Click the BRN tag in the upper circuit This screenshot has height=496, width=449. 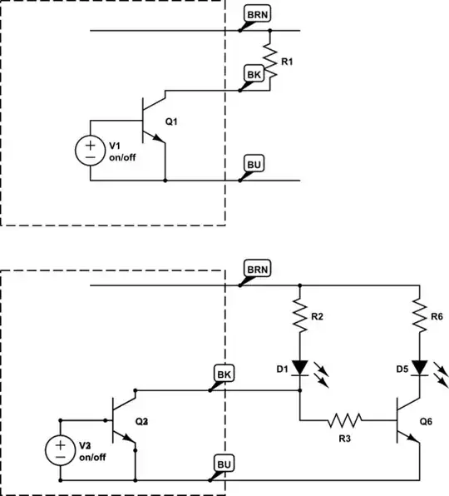(257, 15)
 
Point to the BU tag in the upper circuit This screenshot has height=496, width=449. (255, 164)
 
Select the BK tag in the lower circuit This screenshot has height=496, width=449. (224, 374)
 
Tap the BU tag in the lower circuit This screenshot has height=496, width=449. (224, 464)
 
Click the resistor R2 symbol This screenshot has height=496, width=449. (299, 316)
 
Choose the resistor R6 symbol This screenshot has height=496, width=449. (421, 316)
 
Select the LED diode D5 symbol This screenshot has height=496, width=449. (421, 366)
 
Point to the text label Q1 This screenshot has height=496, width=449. (171, 122)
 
